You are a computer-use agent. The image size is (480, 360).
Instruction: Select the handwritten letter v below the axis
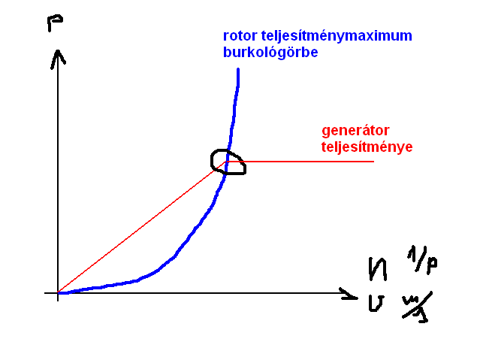(x=376, y=304)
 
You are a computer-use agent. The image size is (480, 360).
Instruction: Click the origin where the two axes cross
(x=58, y=292)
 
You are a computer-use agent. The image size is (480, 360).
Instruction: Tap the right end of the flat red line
(x=373, y=162)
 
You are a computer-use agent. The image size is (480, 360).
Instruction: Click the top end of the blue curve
(x=238, y=70)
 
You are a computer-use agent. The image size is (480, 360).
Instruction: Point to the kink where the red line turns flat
(x=225, y=162)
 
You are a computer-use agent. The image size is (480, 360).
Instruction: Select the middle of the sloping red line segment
(x=141, y=227)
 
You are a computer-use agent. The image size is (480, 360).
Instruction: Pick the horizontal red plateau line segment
(x=308, y=162)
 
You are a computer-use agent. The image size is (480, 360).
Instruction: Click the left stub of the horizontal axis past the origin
(x=50, y=292)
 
